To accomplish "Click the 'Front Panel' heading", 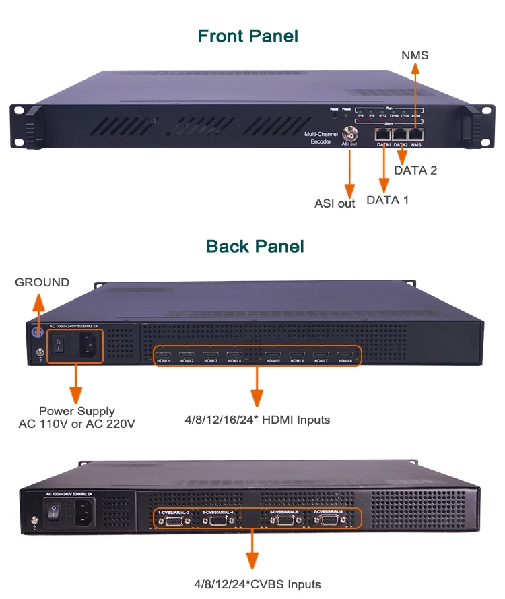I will pyautogui.click(x=248, y=36).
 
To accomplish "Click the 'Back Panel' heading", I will pyautogui.click(x=255, y=246).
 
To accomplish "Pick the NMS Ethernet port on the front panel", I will pyautogui.click(x=417, y=134).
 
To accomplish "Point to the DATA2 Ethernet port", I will pyautogui.click(x=401, y=134).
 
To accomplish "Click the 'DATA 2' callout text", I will pyautogui.click(x=415, y=170).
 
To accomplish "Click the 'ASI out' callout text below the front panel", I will pyautogui.click(x=335, y=203).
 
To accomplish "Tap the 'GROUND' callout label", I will pyautogui.click(x=42, y=282).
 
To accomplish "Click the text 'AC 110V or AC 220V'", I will pyautogui.click(x=77, y=424).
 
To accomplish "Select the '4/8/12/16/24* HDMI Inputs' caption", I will pyautogui.click(x=258, y=420).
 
